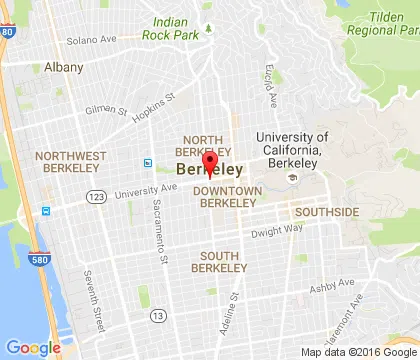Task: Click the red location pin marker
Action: point(210,164)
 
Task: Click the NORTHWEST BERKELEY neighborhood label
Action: point(69,162)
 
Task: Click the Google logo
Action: point(33,347)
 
